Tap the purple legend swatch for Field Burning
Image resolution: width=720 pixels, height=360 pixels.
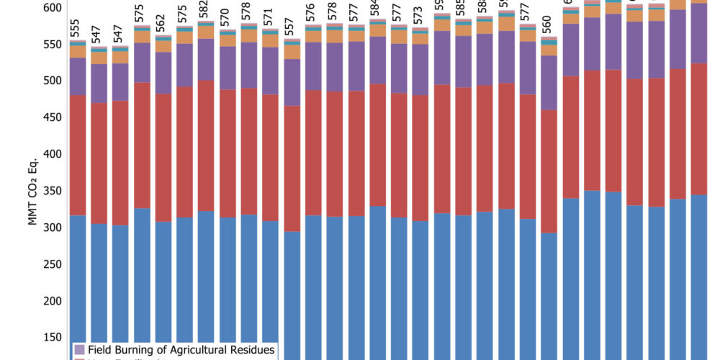[x=79, y=350]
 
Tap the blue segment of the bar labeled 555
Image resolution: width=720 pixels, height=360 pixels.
[x=78, y=288]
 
